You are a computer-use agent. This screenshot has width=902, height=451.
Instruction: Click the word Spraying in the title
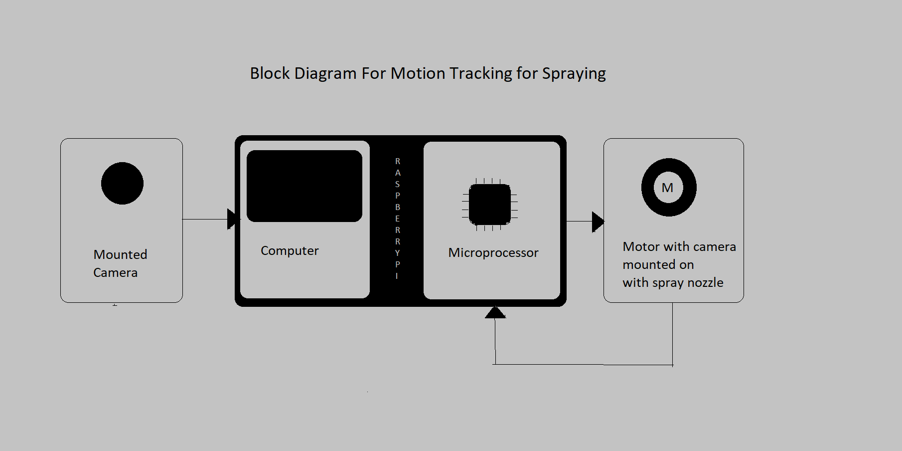tap(574, 74)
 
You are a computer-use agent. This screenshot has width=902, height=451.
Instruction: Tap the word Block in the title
tap(270, 73)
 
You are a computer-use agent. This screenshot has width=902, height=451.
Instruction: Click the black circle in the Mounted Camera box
tap(122, 183)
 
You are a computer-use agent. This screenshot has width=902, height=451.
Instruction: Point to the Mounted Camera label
tap(120, 263)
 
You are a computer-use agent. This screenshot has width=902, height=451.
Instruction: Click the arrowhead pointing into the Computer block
tap(233, 219)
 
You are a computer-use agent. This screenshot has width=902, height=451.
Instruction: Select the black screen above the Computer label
tap(304, 186)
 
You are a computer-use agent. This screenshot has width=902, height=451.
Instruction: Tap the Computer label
tap(290, 250)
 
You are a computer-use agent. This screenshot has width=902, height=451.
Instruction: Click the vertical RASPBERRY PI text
tap(397, 218)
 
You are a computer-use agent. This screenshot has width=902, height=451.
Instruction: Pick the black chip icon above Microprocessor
tap(490, 205)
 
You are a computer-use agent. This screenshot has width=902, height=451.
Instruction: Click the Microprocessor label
tap(493, 252)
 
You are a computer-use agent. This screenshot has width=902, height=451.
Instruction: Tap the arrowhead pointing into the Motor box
tap(598, 222)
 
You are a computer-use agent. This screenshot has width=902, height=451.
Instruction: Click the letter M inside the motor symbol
tap(668, 188)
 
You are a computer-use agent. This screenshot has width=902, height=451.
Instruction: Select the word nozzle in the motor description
tap(705, 282)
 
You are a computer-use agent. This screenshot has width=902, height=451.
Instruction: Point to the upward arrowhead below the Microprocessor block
tap(495, 313)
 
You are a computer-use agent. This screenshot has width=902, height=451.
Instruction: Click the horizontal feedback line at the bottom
tap(583, 365)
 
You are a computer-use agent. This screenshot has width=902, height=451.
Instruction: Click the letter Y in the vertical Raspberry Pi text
tap(397, 253)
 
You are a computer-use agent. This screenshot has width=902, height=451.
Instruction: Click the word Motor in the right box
tap(641, 246)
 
